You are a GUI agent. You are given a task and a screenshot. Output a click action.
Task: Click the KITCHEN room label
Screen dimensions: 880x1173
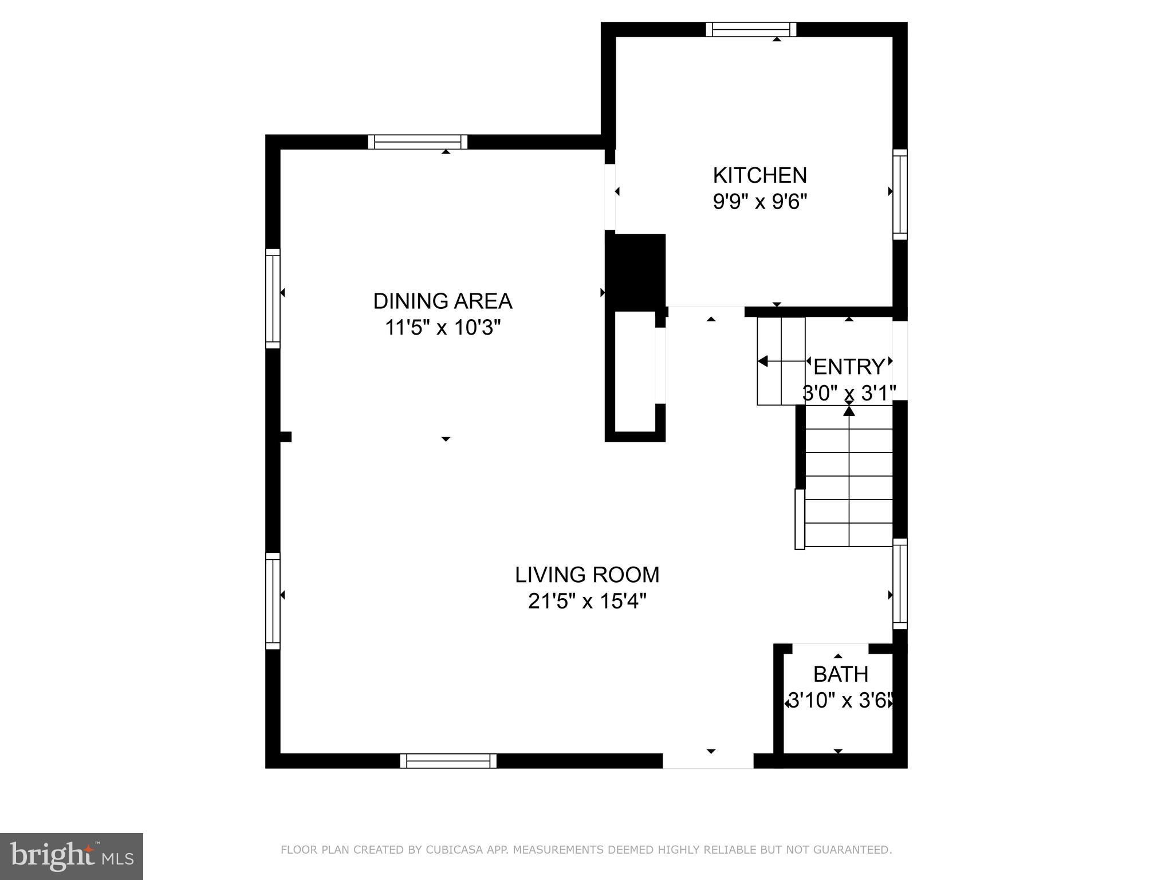759,175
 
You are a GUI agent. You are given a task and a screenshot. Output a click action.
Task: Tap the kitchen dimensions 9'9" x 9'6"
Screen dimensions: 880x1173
759,202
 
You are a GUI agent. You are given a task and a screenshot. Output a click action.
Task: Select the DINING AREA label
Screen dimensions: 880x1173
442,301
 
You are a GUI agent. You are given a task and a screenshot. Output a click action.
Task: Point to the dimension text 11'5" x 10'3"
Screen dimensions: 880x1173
442,328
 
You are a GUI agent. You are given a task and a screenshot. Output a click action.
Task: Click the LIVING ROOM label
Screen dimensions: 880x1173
587,575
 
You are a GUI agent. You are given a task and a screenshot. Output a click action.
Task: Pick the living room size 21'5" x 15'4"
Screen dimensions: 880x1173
587,602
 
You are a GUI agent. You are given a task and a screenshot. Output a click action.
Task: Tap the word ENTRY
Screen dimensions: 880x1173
849,367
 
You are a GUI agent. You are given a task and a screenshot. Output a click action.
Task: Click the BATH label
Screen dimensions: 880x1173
840,674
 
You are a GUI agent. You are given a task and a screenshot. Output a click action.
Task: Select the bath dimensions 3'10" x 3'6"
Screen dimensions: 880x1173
840,701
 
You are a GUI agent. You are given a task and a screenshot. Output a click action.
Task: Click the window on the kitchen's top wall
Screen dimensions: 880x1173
751,29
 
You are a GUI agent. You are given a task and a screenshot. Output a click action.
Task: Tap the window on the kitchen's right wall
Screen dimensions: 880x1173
900,195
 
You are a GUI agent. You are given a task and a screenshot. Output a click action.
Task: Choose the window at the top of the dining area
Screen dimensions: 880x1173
418,142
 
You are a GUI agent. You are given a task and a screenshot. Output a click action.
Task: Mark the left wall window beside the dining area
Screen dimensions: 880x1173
273,298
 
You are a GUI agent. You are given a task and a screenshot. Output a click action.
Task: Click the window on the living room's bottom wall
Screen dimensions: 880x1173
448,761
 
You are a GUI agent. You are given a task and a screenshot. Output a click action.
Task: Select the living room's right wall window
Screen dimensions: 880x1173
900,584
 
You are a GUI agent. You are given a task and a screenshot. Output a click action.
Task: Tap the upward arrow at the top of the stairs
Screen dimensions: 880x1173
849,410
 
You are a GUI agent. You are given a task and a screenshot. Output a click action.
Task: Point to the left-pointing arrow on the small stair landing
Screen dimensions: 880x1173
763,361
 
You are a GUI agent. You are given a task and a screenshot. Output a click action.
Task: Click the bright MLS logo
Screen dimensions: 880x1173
71,856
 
